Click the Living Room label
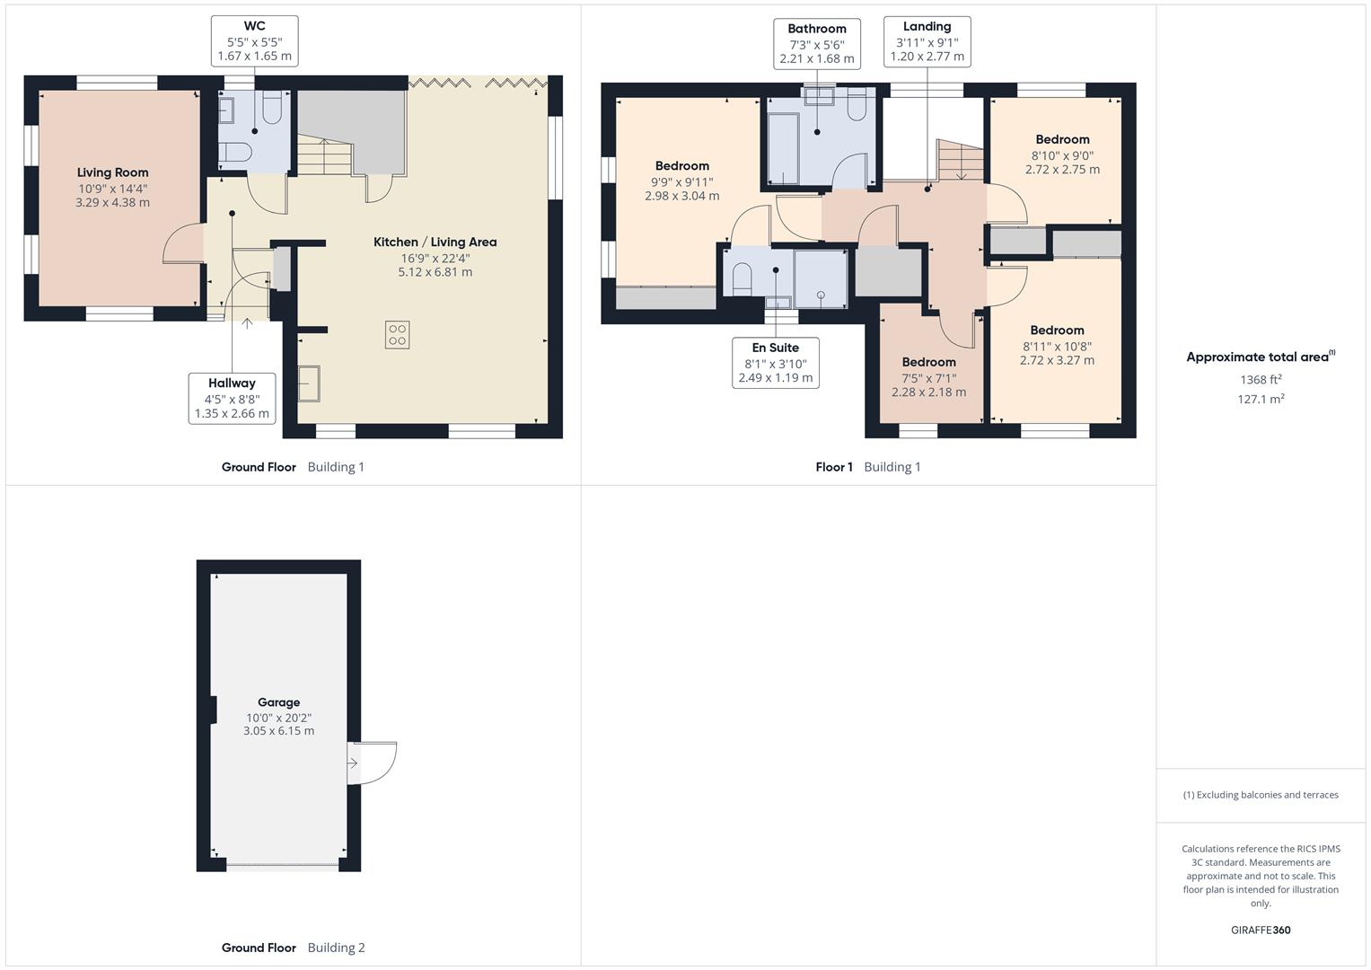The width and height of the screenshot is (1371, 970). (x=112, y=172)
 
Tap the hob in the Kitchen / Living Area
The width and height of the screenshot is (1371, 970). (x=397, y=335)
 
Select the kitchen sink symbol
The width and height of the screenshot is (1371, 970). (x=309, y=384)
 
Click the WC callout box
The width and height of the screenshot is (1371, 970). (x=254, y=41)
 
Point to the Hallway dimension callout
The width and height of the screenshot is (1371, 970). (x=232, y=399)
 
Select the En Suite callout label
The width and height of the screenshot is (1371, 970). (x=775, y=348)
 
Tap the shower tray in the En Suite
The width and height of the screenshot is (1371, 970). (x=821, y=278)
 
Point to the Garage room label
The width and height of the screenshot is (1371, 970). (x=278, y=702)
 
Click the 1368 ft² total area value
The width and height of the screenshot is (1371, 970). (x=1261, y=380)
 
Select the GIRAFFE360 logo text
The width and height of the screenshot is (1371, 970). (x=1261, y=930)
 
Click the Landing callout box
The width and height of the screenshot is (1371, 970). (x=927, y=41)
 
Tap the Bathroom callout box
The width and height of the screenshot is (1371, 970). (x=816, y=43)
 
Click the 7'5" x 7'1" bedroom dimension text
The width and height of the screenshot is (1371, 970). (x=928, y=378)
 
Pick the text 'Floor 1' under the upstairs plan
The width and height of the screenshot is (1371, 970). (x=834, y=467)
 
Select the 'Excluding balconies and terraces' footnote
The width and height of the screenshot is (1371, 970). (x=1261, y=795)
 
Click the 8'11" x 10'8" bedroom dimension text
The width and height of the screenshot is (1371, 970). (x=1057, y=346)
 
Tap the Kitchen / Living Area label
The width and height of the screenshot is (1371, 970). (x=435, y=242)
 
